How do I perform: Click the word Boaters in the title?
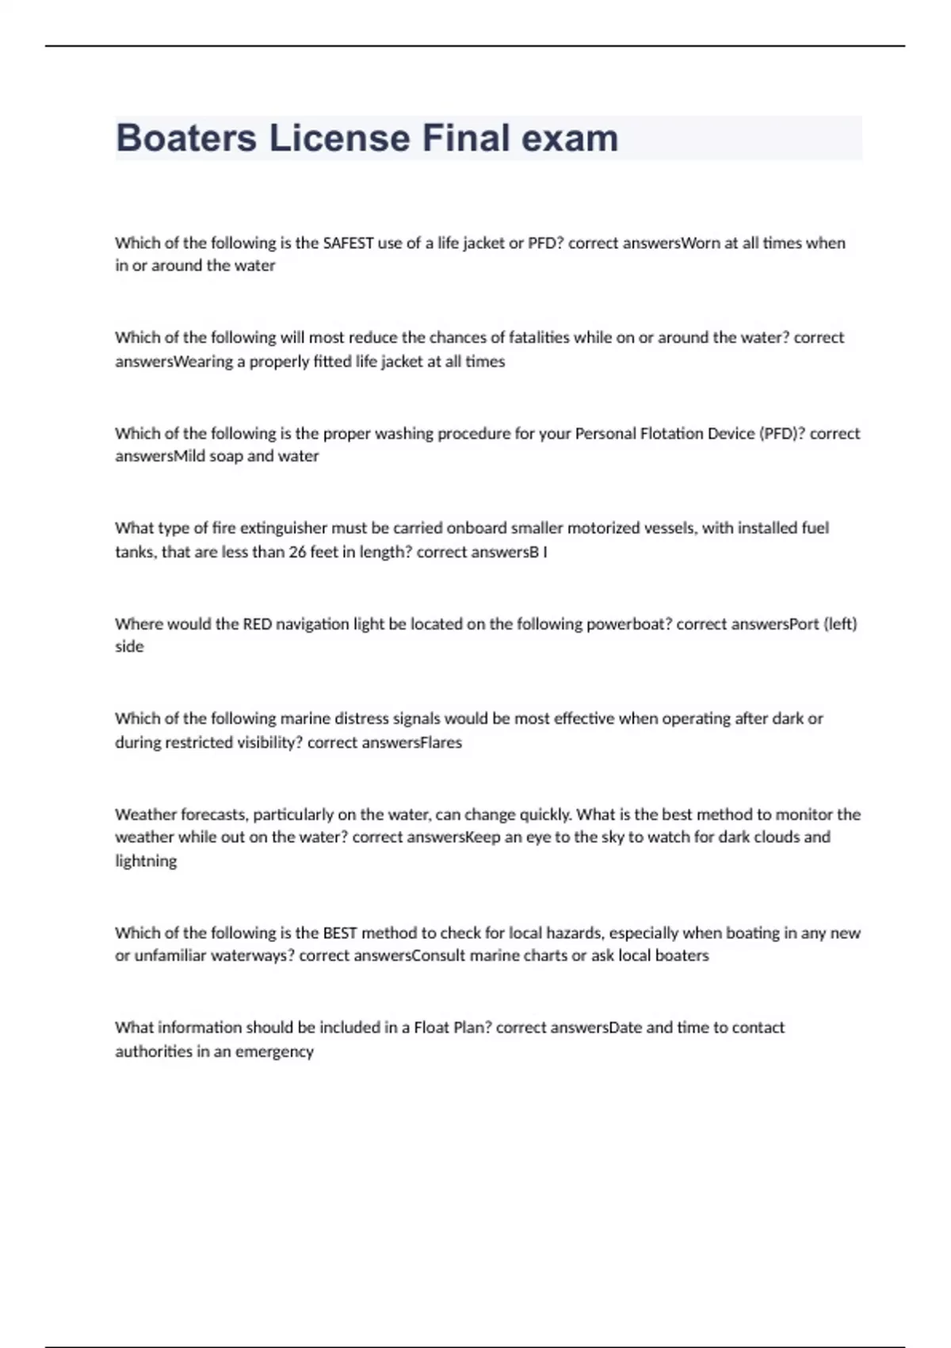(x=186, y=138)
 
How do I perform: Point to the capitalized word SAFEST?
(x=348, y=243)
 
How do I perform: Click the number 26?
(x=297, y=552)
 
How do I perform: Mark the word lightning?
(x=146, y=861)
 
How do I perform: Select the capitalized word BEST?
(x=339, y=932)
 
